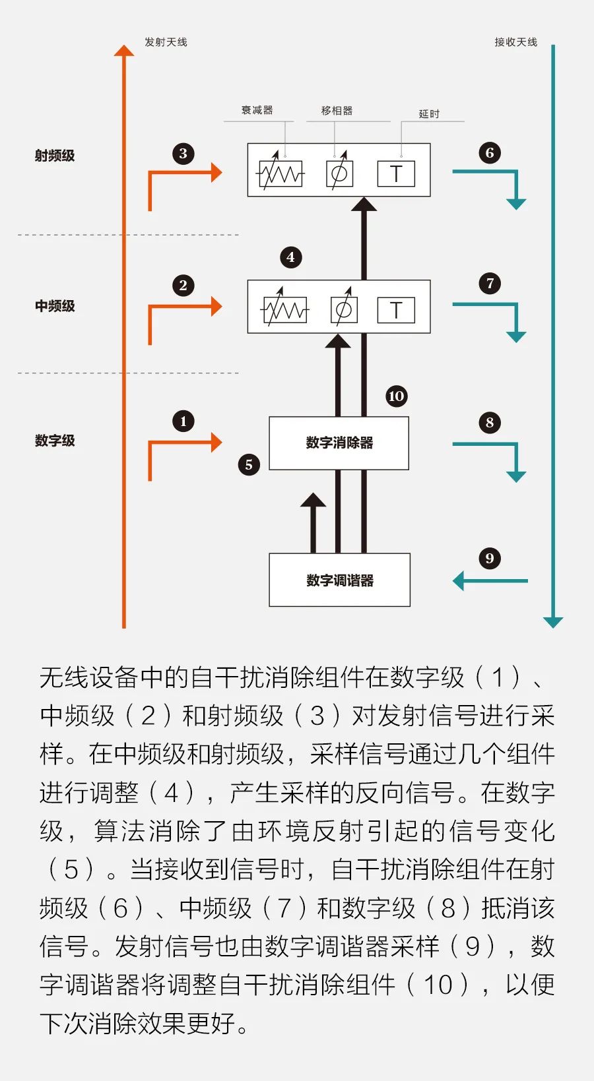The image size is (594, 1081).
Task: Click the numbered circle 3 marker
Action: tap(183, 154)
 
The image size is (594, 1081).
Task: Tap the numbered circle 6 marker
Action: tap(490, 153)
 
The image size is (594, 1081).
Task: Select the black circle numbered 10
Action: tap(397, 396)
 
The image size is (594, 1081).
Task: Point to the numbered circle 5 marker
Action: tap(249, 465)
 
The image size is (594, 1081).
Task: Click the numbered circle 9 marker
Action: tap(490, 559)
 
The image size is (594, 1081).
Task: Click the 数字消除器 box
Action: tap(339, 443)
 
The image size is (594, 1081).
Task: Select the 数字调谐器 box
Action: tap(339, 580)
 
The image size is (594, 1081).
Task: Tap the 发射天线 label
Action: tap(166, 42)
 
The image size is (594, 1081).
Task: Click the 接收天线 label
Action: tap(515, 42)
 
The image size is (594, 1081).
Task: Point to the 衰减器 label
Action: tap(257, 110)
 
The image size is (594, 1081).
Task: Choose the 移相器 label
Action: tap(337, 111)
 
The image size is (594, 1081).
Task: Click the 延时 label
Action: tap(429, 114)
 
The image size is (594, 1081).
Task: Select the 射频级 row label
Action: tap(55, 156)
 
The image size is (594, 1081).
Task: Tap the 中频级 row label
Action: tap(55, 305)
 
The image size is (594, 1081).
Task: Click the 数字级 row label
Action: tap(55, 440)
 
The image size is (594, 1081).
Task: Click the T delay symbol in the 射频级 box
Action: tap(396, 173)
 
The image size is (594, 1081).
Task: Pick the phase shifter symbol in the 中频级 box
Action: tap(344, 308)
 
